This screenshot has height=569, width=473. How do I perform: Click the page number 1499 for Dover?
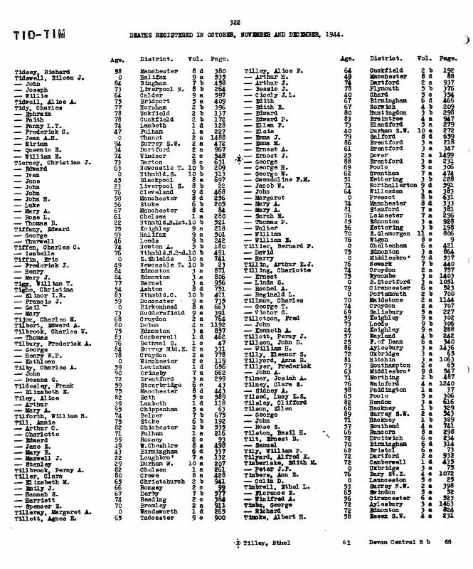(x=447, y=154)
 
